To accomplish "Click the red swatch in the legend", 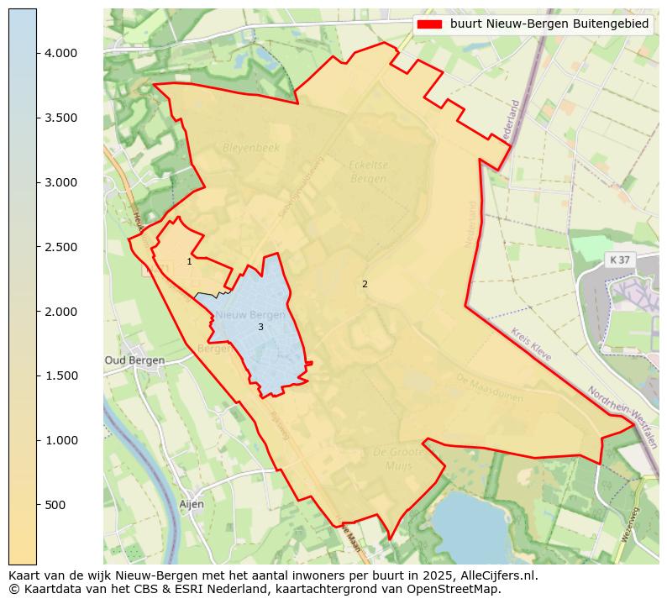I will click(x=429, y=24).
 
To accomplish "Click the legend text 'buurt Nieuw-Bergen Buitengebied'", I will click(x=549, y=24).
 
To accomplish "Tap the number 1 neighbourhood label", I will click(x=189, y=262).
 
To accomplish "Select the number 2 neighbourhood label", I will click(x=365, y=284).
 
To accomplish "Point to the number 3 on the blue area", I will click(x=260, y=327).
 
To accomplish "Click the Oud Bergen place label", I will click(x=134, y=360).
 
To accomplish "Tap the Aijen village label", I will click(x=192, y=504).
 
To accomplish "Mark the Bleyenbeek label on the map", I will click(x=250, y=148).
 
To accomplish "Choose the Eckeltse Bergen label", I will click(x=368, y=172).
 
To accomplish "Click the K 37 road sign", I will click(x=619, y=260).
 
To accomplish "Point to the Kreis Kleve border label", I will click(x=531, y=345).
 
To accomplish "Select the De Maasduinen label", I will click(x=490, y=388).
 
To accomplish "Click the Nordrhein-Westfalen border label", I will click(x=622, y=418).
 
